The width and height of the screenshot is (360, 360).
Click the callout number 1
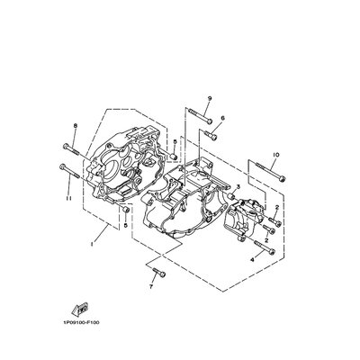(x=92, y=244)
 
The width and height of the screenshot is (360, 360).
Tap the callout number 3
(x=238, y=187)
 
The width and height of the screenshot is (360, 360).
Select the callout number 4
(x=252, y=260)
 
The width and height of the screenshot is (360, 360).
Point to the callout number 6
(x=222, y=118)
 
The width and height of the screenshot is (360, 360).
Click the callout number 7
(x=151, y=287)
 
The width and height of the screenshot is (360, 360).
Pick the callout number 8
(x=75, y=126)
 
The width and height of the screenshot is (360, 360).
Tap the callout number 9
(x=210, y=98)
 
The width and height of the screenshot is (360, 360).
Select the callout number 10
(x=276, y=155)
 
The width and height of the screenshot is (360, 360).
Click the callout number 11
(x=68, y=198)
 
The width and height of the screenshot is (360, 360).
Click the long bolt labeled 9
(x=201, y=116)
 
